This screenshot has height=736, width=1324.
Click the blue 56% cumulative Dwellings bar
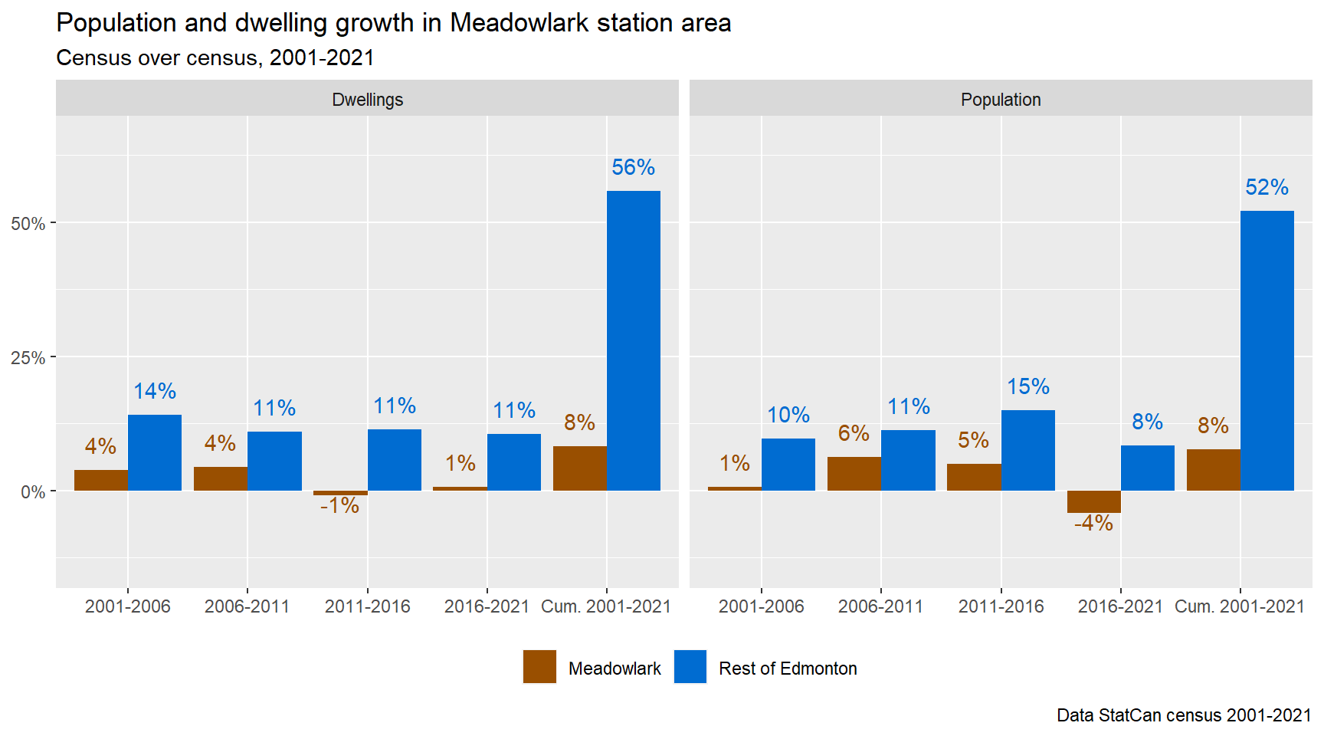[x=633, y=340]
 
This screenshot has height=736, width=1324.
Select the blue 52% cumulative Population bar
[x=1267, y=350]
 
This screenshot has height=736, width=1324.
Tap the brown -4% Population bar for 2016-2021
[x=1093, y=501]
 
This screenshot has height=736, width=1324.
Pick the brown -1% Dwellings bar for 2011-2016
[x=340, y=493]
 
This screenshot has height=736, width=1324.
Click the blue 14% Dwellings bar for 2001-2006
[x=155, y=452]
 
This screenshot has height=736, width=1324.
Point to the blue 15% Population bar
[x=1027, y=450]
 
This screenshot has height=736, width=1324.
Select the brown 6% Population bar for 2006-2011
[x=854, y=474]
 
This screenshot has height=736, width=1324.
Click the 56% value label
[x=633, y=167]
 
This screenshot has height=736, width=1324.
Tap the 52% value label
[x=1267, y=187]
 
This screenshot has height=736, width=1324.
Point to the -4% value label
[x=1093, y=523]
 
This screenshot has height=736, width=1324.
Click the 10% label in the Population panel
[x=788, y=415]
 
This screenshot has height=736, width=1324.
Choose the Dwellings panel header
[x=367, y=100]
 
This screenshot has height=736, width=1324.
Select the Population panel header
[x=1001, y=100]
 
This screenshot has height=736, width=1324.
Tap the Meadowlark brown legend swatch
[x=539, y=667]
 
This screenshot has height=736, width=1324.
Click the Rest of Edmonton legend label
[x=788, y=669]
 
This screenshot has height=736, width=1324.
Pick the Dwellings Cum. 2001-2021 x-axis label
[x=605, y=606]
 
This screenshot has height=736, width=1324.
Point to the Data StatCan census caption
[x=1184, y=715]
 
